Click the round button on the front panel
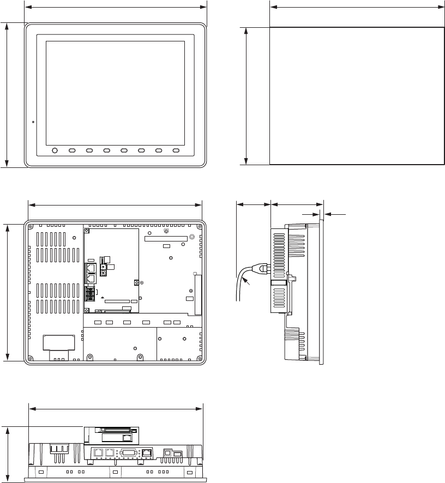55,150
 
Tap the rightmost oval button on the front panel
176,150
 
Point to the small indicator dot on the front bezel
33,122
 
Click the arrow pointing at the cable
246,282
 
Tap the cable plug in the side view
263,268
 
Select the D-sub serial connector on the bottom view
128,452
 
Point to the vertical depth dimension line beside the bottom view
8,454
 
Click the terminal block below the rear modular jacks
89,292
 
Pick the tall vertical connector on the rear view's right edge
198,294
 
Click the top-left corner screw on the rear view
30,227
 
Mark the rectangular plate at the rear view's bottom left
58,342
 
